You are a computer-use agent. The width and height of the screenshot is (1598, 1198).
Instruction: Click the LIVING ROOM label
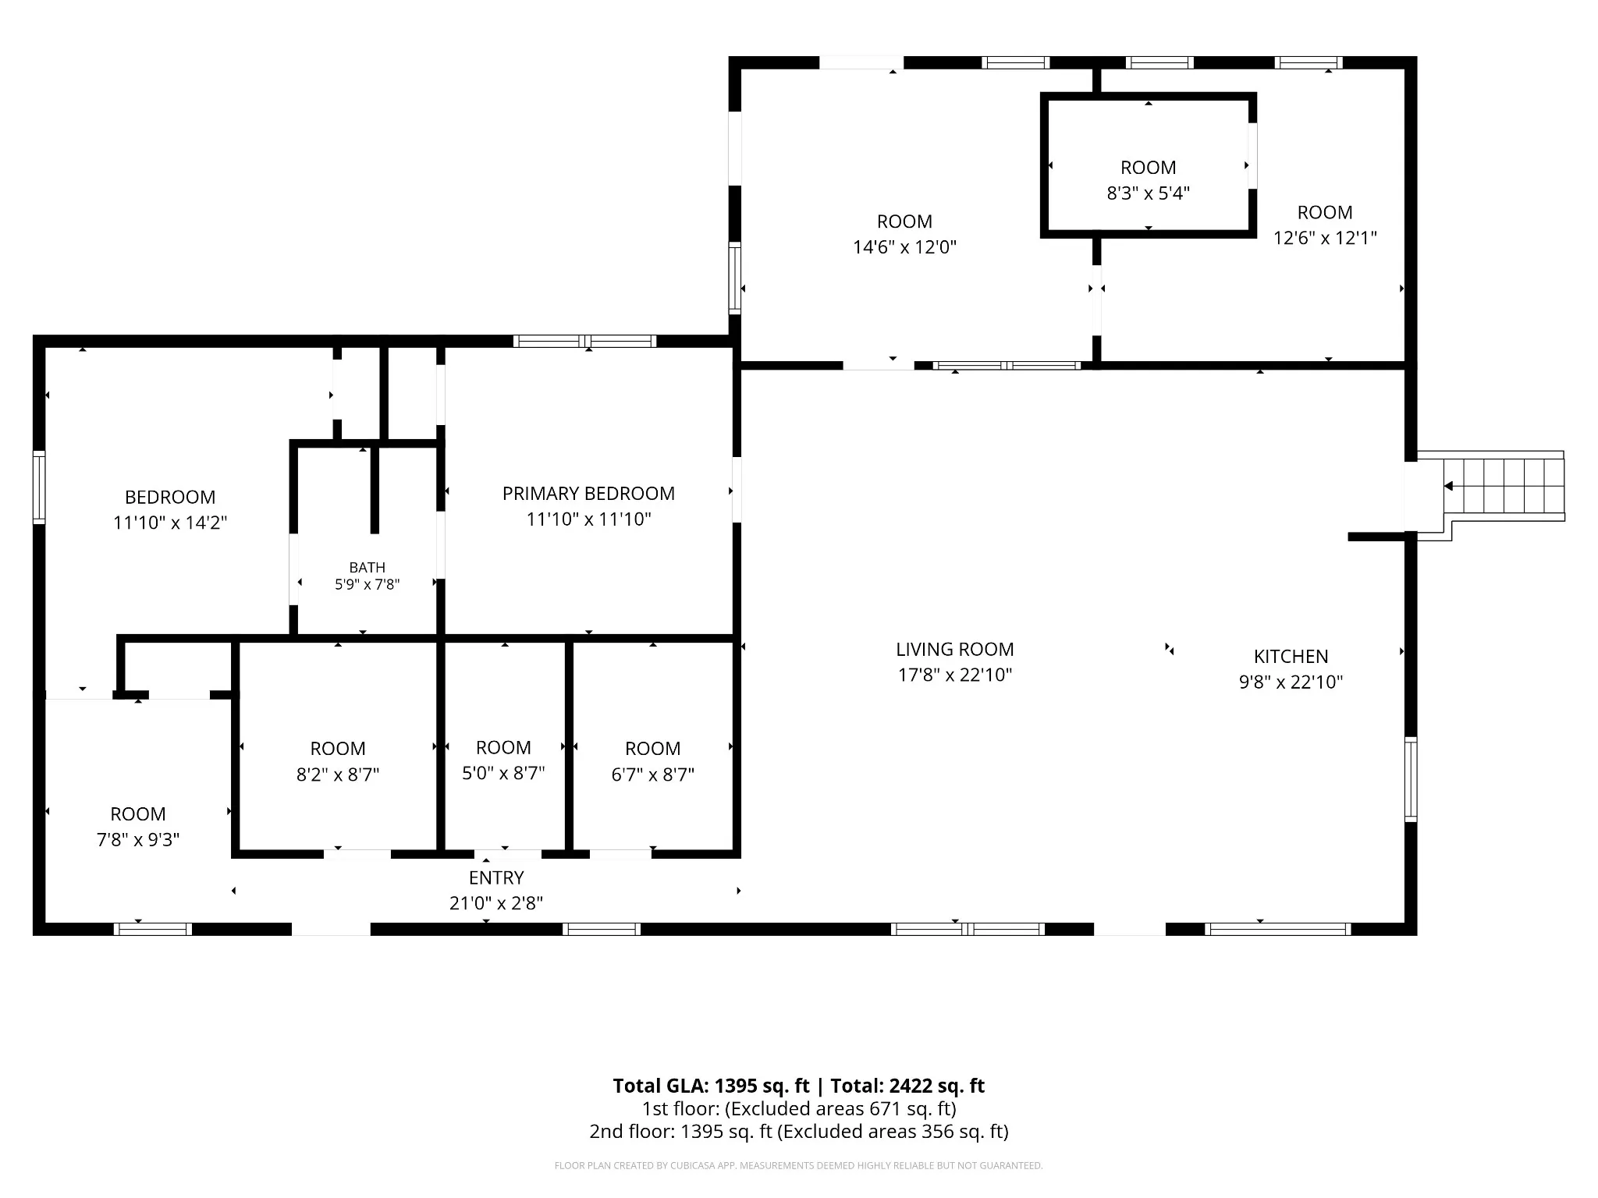pyautogui.click(x=954, y=649)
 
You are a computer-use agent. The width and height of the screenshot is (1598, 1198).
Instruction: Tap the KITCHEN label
pyautogui.click(x=1291, y=656)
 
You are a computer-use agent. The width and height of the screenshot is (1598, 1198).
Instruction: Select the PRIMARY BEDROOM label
pyautogui.click(x=588, y=493)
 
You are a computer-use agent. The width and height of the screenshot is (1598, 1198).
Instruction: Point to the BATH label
pyautogui.click(x=367, y=567)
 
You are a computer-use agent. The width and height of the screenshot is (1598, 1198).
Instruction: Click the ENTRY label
pyautogui.click(x=496, y=877)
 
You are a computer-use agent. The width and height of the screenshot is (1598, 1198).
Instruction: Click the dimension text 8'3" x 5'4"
pyautogui.click(x=1148, y=193)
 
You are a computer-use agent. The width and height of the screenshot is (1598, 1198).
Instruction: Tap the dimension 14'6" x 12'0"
pyautogui.click(x=904, y=246)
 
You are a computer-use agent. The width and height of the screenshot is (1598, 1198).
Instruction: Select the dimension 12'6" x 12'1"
pyautogui.click(x=1325, y=237)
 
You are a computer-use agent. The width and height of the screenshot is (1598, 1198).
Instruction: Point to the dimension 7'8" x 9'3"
pyautogui.click(x=138, y=839)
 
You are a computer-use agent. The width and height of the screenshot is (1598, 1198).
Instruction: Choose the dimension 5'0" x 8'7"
pyautogui.click(x=503, y=772)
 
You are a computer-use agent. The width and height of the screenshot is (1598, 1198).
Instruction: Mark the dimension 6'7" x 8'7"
pyautogui.click(x=652, y=774)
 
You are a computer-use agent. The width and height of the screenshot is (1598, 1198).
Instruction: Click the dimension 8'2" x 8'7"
pyautogui.click(x=338, y=774)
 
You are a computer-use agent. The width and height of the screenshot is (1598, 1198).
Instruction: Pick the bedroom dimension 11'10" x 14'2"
pyautogui.click(x=170, y=522)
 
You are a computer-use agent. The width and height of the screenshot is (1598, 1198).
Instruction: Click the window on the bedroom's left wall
pyautogui.click(x=38, y=487)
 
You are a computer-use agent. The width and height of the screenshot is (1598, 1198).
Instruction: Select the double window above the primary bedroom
pyautogui.click(x=584, y=341)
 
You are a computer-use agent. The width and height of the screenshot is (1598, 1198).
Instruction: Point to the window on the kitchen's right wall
pyautogui.click(x=1411, y=779)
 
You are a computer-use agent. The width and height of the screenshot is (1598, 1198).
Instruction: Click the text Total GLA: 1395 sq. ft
pyautogui.click(x=711, y=1086)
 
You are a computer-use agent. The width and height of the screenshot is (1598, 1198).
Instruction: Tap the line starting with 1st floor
pyautogui.click(x=799, y=1108)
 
